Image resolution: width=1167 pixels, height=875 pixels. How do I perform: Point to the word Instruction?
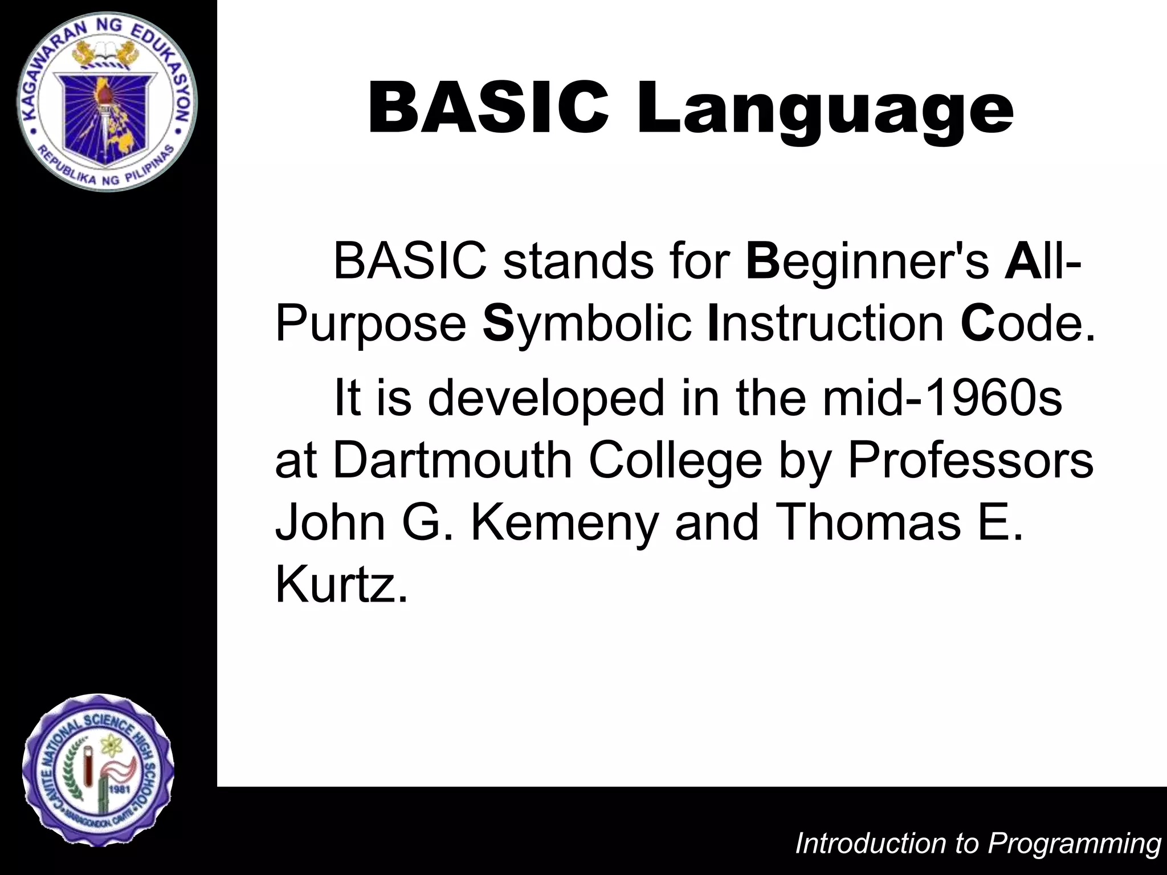click(x=825, y=323)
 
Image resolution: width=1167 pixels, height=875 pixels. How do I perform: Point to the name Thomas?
click(x=868, y=522)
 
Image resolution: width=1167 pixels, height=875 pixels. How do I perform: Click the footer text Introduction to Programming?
click(x=978, y=843)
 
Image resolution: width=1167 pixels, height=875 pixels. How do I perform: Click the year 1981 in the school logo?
click(x=120, y=790)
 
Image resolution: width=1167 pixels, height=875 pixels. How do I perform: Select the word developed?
click(x=546, y=397)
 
